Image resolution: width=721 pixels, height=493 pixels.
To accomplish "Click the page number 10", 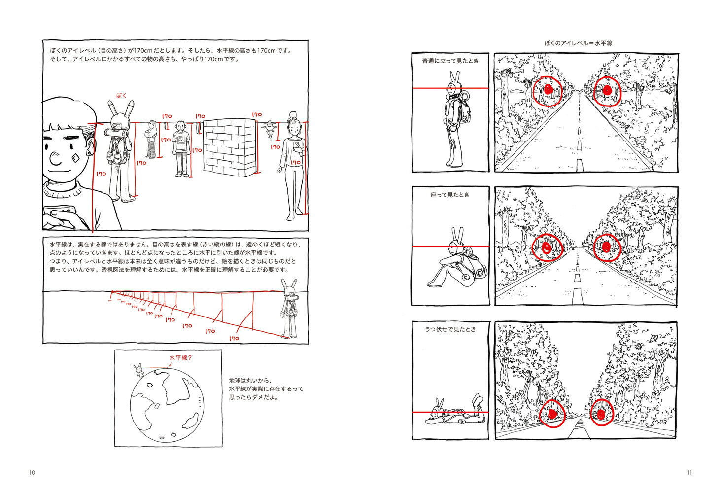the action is click(x=32, y=472).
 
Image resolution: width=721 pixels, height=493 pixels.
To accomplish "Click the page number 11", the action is click(x=689, y=472).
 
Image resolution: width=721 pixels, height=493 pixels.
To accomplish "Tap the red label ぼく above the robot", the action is click(x=121, y=95).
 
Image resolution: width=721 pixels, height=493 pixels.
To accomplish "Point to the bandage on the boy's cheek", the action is click(x=75, y=158).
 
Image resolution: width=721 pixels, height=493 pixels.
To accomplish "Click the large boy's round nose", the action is click(x=55, y=158).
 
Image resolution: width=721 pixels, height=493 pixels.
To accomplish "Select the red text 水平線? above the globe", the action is click(x=180, y=358).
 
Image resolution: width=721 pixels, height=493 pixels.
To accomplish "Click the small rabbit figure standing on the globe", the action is click(x=139, y=370).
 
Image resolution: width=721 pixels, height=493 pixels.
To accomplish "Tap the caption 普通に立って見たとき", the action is click(x=450, y=61).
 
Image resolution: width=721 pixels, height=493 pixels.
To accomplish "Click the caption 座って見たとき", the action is click(x=450, y=195).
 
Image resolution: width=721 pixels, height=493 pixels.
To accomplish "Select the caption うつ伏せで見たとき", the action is click(x=450, y=329).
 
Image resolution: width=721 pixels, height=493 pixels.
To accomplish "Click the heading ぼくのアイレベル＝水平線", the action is click(x=578, y=43).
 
